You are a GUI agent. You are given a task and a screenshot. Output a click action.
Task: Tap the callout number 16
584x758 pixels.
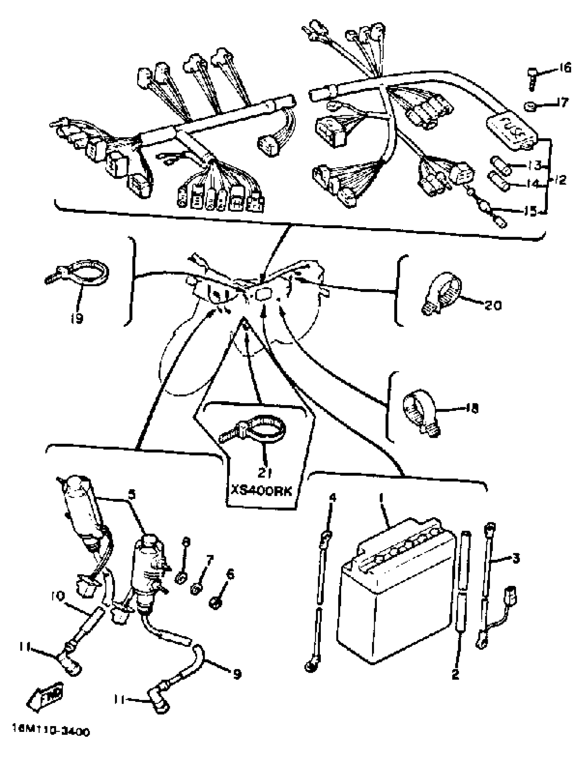click(565, 68)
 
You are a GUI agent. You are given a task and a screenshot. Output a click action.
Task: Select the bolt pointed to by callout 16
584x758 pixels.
click(532, 78)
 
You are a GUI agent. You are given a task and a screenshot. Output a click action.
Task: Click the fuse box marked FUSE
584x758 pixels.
click(513, 133)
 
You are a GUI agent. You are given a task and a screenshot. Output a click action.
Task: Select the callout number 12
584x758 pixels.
click(560, 180)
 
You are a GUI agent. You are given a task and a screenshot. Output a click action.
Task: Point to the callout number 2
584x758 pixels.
click(455, 682)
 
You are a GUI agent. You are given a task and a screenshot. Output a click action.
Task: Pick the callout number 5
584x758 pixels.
click(132, 494)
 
